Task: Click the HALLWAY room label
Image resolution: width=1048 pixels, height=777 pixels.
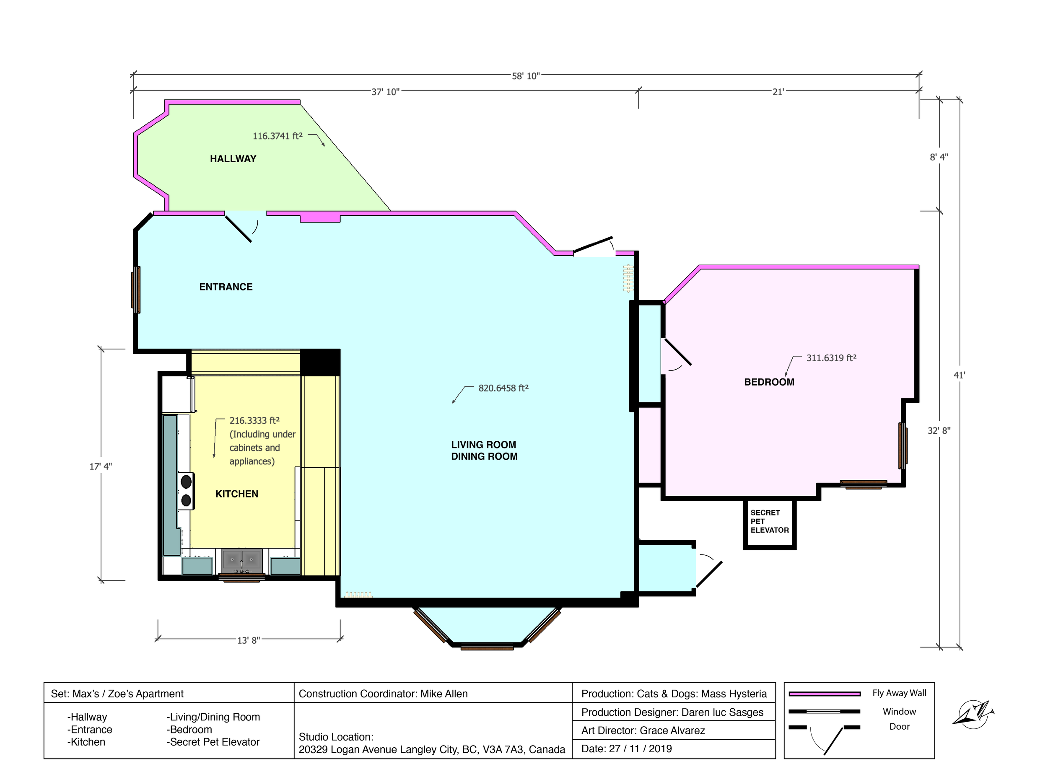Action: click(233, 159)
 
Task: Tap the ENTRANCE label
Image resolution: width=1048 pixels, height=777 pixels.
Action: click(226, 287)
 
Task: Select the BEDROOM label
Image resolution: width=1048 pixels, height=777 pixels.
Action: click(769, 382)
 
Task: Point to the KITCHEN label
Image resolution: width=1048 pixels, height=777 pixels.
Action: click(236, 494)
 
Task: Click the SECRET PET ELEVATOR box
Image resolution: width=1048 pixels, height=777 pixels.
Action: click(770, 524)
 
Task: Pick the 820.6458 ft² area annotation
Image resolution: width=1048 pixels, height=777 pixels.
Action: click(503, 388)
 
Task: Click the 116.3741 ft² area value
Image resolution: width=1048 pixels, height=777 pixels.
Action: click(278, 136)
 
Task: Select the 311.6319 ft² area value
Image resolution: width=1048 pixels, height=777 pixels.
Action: click(831, 358)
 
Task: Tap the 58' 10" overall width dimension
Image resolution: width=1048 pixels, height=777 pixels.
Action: click(526, 76)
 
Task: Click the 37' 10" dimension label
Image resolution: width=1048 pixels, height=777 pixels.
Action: click(385, 92)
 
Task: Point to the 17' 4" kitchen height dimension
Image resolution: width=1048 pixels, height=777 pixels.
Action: click(101, 466)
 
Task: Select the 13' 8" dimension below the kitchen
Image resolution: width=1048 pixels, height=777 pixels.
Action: click(248, 640)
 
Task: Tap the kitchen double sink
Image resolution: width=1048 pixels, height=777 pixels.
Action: click(242, 561)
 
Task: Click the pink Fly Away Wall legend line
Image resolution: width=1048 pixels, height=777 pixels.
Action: click(825, 694)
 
